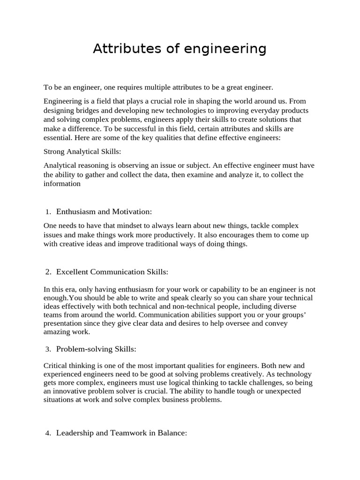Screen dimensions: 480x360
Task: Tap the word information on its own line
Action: (62, 184)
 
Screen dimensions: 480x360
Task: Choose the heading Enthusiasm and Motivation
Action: (104, 212)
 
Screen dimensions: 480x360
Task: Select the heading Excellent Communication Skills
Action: (112, 272)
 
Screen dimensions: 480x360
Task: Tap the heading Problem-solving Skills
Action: (96, 349)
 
